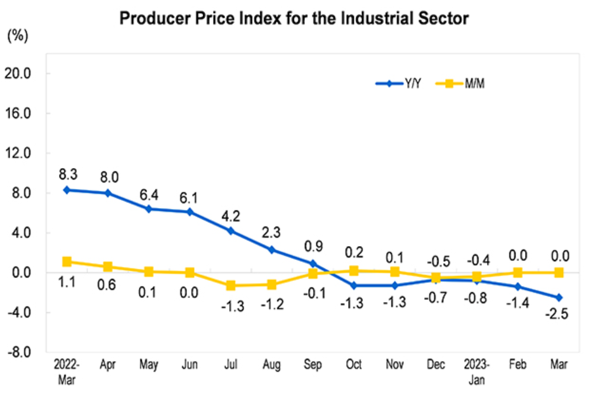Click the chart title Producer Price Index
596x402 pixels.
coord(294,18)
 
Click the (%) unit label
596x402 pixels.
coord(17,36)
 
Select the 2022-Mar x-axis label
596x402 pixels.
coord(67,370)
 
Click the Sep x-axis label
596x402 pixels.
coord(313,365)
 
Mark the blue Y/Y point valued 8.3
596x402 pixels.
coord(67,190)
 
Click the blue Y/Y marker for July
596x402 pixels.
coord(231,231)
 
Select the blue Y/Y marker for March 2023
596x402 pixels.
coord(559,297)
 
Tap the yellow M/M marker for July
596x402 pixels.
coord(231,286)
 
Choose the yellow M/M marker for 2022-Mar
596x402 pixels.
coord(67,261)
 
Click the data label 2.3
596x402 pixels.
coord(271,233)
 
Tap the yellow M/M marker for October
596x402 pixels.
coord(354,271)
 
